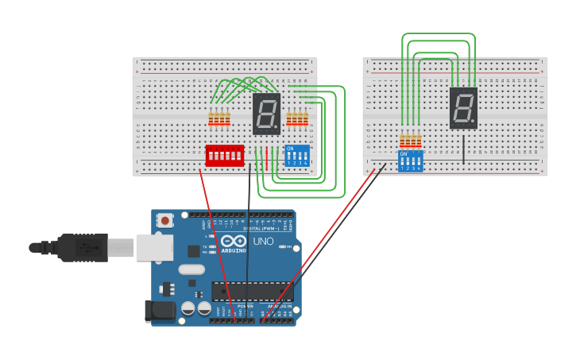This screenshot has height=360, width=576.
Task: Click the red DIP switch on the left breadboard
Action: [x=225, y=155]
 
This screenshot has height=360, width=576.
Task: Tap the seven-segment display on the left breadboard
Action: [x=267, y=114]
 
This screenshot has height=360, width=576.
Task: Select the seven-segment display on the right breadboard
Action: [x=463, y=108]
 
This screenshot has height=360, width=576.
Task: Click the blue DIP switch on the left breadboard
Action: [x=297, y=156]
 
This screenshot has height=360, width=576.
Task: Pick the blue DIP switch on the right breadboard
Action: [x=411, y=161]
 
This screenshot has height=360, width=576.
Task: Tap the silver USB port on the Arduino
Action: [x=154, y=247]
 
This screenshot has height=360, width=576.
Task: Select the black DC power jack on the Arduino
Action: [x=160, y=311]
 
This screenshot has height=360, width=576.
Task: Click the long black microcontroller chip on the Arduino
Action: [x=253, y=292]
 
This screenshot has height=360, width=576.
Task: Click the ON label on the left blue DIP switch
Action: [x=290, y=149]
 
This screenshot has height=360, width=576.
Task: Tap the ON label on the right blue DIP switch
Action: [x=404, y=154]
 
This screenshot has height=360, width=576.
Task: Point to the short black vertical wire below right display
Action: [x=463, y=149]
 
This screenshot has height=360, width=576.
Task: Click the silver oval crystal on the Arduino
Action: [x=191, y=269]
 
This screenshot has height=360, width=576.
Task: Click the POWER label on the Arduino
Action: [x=245, y=306]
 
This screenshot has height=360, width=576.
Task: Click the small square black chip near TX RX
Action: [x=194, y=251]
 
